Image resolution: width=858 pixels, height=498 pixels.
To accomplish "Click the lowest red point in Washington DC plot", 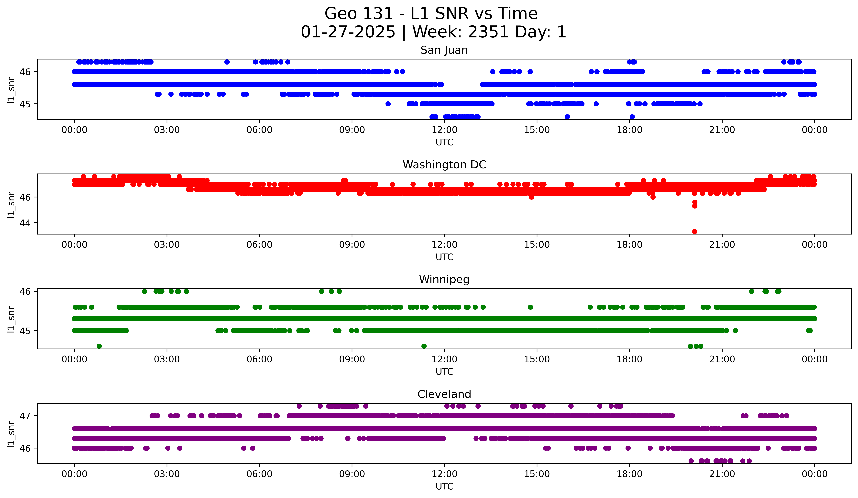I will (695, 232).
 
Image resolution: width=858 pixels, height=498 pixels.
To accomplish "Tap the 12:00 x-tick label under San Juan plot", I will (444, 130).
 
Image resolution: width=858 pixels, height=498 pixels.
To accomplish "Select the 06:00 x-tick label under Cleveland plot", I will (259, 474).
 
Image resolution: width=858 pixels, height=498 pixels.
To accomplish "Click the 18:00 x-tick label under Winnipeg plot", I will (629, 359).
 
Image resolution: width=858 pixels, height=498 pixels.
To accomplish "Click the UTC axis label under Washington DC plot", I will (444, 257).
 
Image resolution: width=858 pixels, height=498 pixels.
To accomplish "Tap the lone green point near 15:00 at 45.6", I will (530, 307).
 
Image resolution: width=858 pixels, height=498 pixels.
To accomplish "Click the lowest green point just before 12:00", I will (424, 346).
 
